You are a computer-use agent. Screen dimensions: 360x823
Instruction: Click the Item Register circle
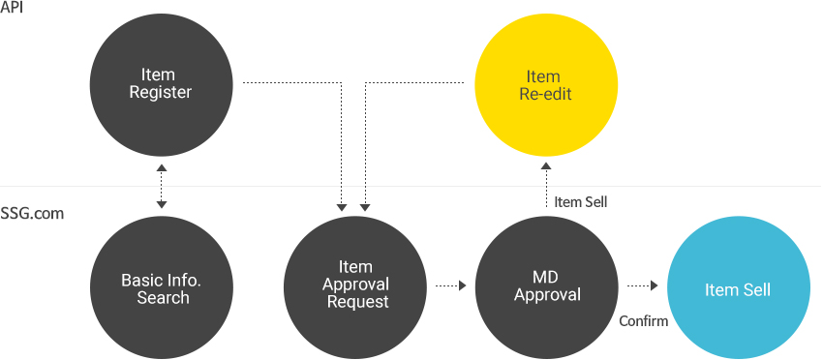pos(161,84)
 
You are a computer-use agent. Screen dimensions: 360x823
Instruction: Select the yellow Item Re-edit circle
pos(543,85)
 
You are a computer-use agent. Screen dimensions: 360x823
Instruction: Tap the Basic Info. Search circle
pos(162,288)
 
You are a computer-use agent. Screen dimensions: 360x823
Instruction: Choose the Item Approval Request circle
pos(355,285)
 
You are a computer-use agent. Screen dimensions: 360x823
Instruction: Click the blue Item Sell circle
pos(738,289)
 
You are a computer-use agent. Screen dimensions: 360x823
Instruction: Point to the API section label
pos(12,8)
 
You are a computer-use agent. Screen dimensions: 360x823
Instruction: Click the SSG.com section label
pos(32,213)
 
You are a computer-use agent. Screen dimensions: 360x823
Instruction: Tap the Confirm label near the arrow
pos(644,320)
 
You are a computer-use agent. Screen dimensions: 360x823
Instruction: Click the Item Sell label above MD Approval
pos(581,202)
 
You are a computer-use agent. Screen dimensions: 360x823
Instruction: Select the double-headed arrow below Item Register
pos(162,186)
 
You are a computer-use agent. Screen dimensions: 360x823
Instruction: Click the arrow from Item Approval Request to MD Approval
pos(450,285)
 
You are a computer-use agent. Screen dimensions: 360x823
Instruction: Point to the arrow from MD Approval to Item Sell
pos(642,285)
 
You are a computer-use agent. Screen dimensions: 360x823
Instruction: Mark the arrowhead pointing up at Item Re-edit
pos(544,166)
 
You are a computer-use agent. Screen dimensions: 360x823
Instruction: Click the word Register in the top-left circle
pos(161,93)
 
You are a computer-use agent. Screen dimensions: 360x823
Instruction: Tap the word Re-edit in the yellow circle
pos(543,94)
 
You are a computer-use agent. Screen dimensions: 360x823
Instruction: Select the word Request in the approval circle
pos(356,301)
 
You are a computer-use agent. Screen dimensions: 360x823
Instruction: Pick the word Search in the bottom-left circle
pos(163,297)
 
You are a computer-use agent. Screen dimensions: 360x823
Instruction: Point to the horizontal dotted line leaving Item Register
pos(290,83)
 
